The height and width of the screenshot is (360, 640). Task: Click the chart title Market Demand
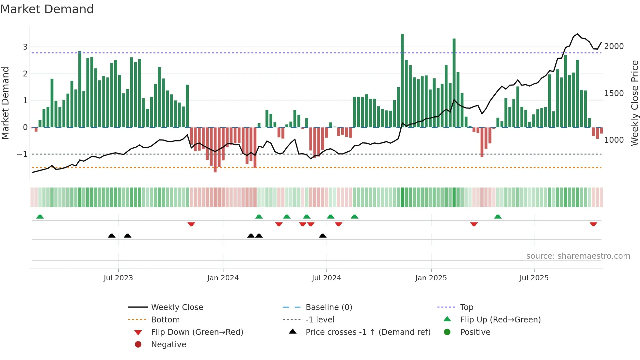click(47, 9)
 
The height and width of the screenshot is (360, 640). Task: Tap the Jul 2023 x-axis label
click(118, 278)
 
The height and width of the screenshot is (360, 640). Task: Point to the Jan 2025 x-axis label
click(431, 278)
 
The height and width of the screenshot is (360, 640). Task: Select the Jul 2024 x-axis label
click(326, 278)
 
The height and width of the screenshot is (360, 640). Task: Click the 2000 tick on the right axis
click(614, 46)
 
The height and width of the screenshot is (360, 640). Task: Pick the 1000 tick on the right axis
click(614, 140)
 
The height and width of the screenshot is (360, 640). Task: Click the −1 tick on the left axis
click(23, 154)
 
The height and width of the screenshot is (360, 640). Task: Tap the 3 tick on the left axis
click(25, 47)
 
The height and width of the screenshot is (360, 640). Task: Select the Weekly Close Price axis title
click(634, 103)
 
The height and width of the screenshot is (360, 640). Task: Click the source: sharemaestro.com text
click(578, 256)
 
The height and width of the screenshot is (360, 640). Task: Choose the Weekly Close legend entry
click(177, 307)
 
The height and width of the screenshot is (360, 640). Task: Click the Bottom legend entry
click(165, 320)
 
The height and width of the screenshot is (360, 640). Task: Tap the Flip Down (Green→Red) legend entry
click(197, 332)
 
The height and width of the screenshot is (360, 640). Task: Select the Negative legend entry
click(168, 345)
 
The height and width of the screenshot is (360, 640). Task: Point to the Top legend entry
click(466, 307)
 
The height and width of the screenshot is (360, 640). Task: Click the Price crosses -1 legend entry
click(368, 332)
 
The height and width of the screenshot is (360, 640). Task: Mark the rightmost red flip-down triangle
click(593, 224)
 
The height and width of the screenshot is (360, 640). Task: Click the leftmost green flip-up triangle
click(40, 217)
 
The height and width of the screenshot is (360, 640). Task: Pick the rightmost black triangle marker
click(323, 236)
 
